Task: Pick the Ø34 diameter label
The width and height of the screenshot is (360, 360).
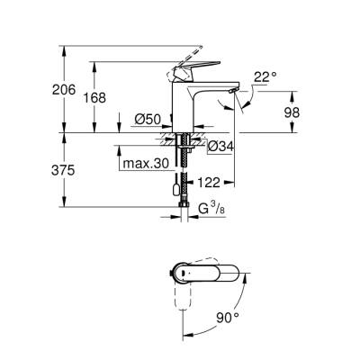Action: [x=221, y=146]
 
